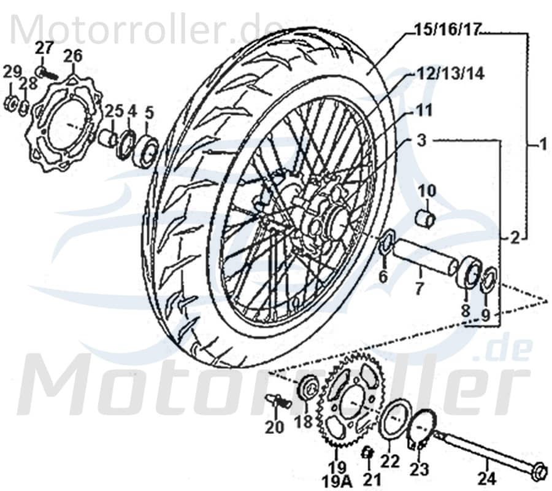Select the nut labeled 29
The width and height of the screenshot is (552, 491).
click(11, 102)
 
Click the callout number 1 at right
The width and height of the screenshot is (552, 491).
click(542, 145)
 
